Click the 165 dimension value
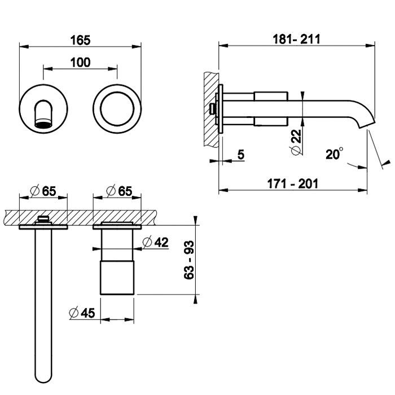pos(80,40)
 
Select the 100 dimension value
pos(80,63)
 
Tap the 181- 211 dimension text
pos(296,39)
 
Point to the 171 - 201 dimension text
pos(293,183)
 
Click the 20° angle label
pos(334,153)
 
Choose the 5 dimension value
pos(241,155)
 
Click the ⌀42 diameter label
pos(155,242)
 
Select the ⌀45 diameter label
pos(82,313)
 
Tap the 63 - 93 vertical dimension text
pos(189,260)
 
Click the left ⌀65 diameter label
pos(43,191)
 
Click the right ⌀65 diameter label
pos(119,191)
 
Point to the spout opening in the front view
pos(43,124)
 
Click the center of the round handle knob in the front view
pos(117,108)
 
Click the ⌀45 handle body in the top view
pos(117,278)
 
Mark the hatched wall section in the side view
pos(212,110)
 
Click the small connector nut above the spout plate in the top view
pos(43,220)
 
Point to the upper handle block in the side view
pos(271,96)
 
